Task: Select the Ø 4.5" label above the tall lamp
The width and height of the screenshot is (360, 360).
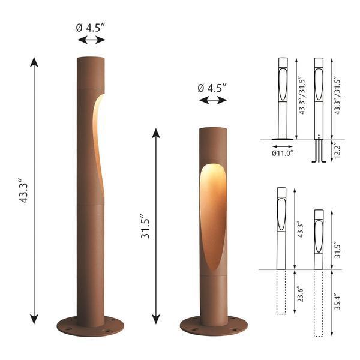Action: click(x=91, y=26)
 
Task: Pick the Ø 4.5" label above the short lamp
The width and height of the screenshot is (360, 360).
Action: click(x=212, y=87)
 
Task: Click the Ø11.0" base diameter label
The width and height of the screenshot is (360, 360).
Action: click(x=282, y=153)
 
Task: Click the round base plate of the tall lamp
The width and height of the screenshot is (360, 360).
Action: click(x=91, y=326)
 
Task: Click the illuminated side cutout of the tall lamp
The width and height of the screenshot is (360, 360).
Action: click(x=98, y=144)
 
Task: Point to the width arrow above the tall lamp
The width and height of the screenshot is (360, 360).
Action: click(x=91, y=40)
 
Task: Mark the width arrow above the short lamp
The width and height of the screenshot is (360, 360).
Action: click(x=212, y=100)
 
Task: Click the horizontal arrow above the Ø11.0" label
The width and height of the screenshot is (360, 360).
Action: click(x=282, y=146)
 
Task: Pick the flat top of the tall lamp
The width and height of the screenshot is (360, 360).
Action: click(x=91, y=57)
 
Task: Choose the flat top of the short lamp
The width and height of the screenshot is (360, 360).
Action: click(x=212, y=128)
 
